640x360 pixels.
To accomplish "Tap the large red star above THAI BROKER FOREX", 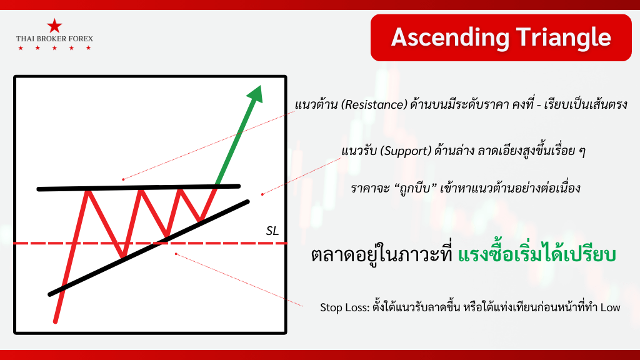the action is click(x=54, y=26).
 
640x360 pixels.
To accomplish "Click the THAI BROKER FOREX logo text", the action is click(x=54, y=39).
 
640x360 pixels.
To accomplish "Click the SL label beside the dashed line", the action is click(x=272, y=231).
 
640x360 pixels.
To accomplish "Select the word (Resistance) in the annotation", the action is click(x=374, y=105).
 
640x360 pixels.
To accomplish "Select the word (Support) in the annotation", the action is click(x=405, y=151).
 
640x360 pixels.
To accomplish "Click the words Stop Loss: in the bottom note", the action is click(x=344, y=307).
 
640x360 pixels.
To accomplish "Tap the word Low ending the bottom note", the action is click(x=610, y=307).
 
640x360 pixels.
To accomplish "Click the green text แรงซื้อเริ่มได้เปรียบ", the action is click(x=537, y=255).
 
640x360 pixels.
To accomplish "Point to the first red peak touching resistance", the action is click(x=87, y=190).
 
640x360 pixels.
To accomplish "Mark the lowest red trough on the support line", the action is click(x=122, y=256).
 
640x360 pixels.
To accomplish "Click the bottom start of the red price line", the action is click(x=56, y=322).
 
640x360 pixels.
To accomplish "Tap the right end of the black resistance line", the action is click(x=239, y=186).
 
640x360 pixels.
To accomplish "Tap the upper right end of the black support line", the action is click(x=247, y=201).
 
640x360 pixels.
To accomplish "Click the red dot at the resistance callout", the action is click(x=123, y=179).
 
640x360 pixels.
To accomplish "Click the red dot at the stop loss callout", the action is click(x=176, y=254).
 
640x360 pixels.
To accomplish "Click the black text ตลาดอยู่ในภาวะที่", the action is click(x=382, y=255).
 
